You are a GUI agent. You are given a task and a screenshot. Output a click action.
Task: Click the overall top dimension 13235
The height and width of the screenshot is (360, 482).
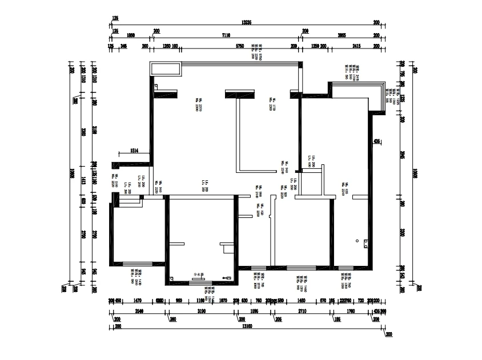tap(247, 22)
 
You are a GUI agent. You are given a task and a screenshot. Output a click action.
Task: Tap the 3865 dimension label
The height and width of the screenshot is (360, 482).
tap(342, 34)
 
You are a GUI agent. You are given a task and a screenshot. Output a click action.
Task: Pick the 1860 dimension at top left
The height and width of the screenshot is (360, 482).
tap(131, 34)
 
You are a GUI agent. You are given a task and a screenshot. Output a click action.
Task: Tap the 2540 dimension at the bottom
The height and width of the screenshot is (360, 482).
tap(138, 312)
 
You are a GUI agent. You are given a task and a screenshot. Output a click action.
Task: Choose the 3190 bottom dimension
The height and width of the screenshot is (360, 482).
tap(202, 312)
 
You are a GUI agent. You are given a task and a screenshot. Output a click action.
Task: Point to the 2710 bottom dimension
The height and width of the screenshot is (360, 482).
tap(302, 312)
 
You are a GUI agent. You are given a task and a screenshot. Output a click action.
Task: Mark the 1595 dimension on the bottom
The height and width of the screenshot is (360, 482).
tap(255, 312)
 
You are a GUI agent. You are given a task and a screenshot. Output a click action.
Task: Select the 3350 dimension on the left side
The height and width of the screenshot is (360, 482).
tap(83, 132)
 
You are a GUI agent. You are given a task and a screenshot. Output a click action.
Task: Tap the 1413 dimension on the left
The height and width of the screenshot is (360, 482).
tap(83, 181)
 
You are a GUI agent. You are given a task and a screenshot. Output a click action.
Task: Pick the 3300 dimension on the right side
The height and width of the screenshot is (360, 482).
tap(403, 233)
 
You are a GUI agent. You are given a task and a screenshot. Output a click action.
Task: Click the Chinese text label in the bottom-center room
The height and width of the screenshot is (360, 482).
tap(200, 274)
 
